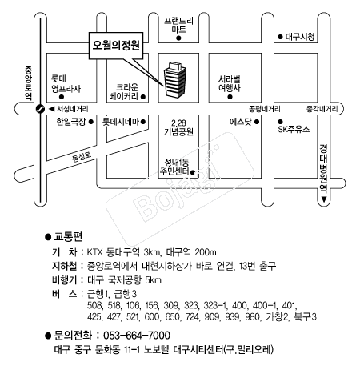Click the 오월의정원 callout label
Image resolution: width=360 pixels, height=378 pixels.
point(116,46)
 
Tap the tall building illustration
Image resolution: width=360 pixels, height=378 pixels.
point(175,79)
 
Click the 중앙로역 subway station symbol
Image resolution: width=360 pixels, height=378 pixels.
point(40,109)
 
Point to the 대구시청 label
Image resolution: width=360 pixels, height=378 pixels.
point(300,37)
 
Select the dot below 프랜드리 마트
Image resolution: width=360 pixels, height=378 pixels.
point(178,38)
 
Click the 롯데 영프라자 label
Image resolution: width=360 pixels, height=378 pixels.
point(66,83)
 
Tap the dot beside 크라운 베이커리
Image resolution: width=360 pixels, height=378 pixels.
point(143,97)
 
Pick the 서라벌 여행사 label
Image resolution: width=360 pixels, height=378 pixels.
point(230,83)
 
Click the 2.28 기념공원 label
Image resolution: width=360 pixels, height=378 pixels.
point(178,127)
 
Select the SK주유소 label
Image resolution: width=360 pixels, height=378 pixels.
point(294,130)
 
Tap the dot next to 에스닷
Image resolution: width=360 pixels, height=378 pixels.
point(257,122)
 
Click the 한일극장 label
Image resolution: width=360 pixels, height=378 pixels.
point(71,122)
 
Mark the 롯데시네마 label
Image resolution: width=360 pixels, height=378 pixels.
point(121,122)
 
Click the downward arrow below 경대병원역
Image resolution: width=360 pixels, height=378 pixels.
point(324,199)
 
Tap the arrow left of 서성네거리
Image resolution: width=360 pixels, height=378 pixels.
point(51,109)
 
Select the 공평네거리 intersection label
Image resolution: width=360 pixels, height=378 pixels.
point(265,109)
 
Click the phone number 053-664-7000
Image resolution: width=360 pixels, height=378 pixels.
point(137,336)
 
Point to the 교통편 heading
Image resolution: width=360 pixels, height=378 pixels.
point(68,236)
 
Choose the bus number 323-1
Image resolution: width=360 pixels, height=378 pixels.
point(215,305)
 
